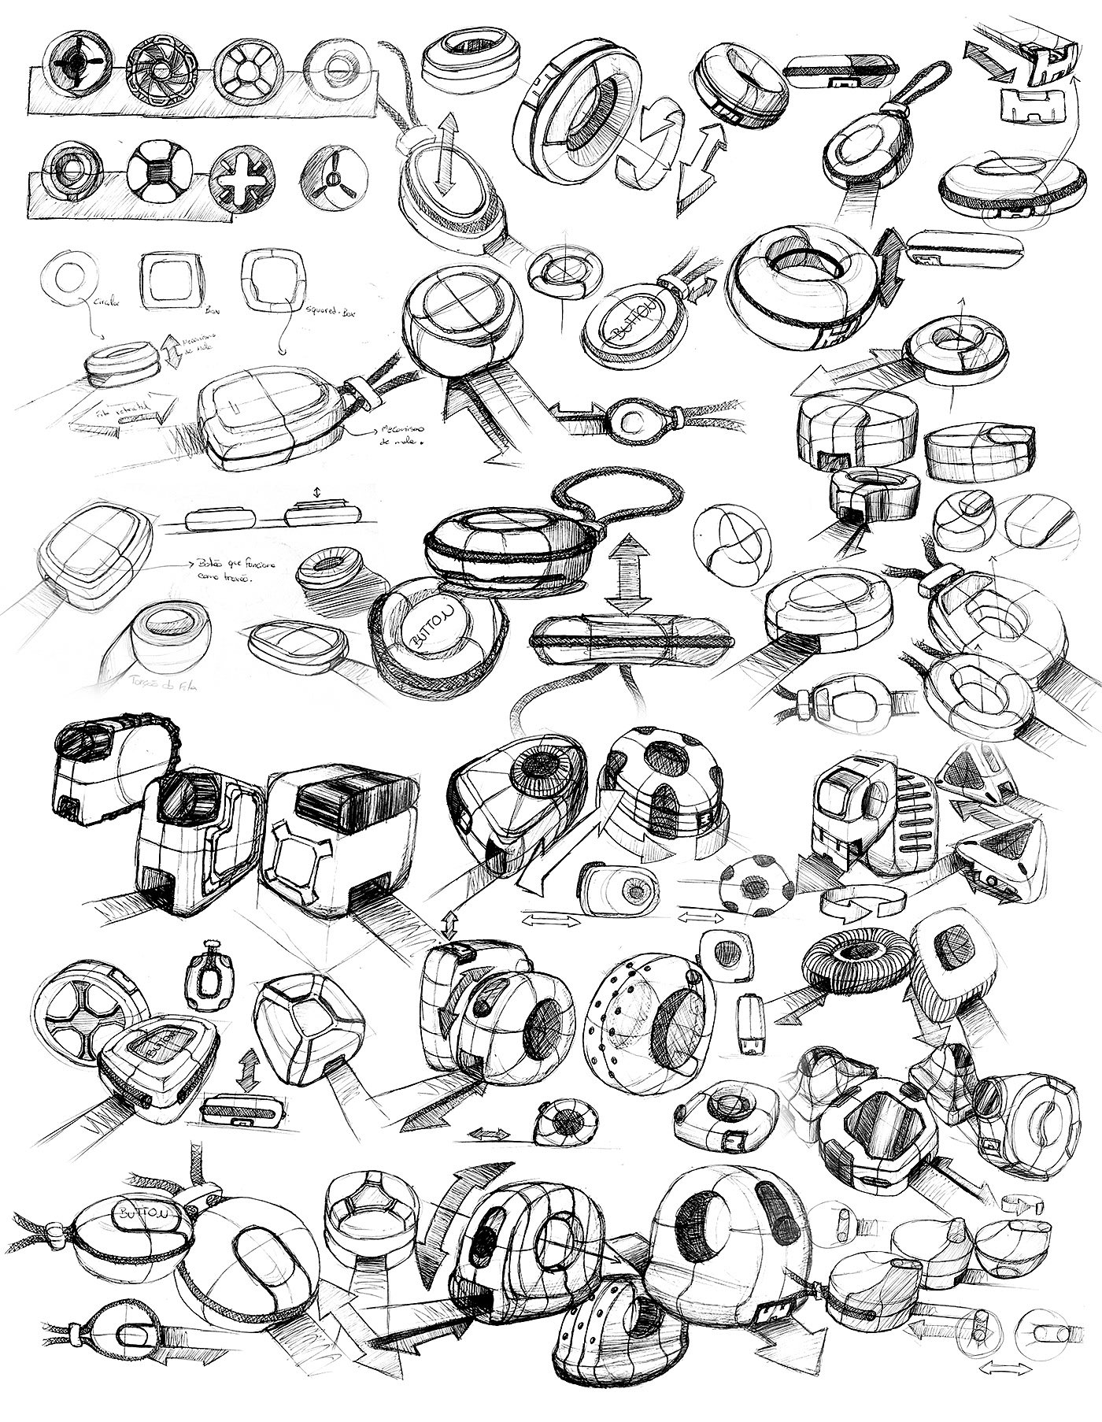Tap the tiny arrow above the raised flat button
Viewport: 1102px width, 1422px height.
pos(317,493)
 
